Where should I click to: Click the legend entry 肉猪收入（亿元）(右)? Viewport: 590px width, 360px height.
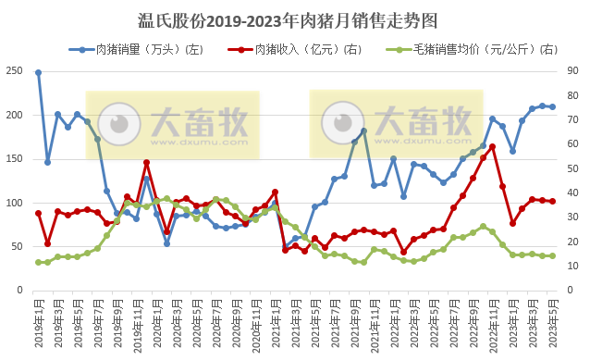click(x=297, y=48)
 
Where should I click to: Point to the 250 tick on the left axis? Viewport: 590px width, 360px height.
click(x=14, y=71)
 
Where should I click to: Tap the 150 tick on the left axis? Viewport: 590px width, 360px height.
click(x=14, y=159)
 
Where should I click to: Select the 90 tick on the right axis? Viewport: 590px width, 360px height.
click(x=572, y=71)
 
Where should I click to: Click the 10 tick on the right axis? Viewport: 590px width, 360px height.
click(x=572, y=267)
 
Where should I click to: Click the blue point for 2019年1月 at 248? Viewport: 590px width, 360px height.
click(x=38, y=72)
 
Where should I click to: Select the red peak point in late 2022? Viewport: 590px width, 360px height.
click(x=493, y=146)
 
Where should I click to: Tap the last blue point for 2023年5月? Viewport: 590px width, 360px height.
click(x=552, y=107)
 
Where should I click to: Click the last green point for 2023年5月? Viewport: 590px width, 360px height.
click(x=552, y=256)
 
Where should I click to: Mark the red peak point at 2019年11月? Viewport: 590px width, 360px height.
click(x=146, y=163)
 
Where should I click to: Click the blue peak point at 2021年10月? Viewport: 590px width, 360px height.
click(x=364, y=130)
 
